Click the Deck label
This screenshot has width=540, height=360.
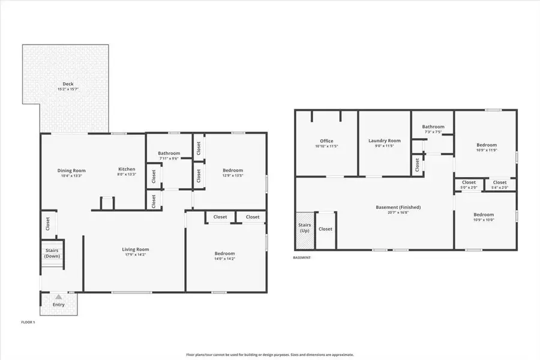(x=68, y=83)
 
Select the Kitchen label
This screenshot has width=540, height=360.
(x=127, y=169)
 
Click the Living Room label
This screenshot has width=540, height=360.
(x=136, y=249)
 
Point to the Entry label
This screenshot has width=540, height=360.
(x=58, y=305)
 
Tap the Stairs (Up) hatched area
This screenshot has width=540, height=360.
(x=304, y=230)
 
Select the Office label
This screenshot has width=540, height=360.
(x=326, y=141)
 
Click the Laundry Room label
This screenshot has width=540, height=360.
(x=384, y=140)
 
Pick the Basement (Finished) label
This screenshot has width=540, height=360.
(x=398, y=207)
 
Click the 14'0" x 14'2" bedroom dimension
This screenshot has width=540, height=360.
(x=224, y=259)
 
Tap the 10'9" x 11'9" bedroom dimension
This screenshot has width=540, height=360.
(x=487, y=150)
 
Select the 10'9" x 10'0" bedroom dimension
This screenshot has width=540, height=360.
(x=484, y=220)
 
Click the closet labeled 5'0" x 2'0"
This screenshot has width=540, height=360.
(x=469, y=187)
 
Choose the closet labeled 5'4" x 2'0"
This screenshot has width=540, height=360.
(x=500, y=187)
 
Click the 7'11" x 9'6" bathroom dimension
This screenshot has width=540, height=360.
(x=169, y=158)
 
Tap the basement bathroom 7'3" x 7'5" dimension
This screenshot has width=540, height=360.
(x=433, y=132)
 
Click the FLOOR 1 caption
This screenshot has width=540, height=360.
(x=28, y=323)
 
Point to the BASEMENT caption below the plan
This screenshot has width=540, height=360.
(x=302, y=257)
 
